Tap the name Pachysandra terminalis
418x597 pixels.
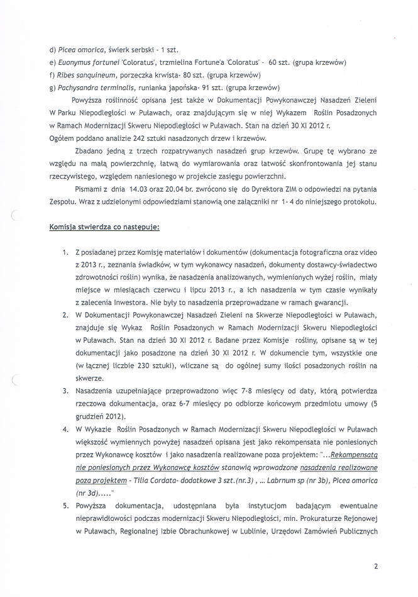point(90,87)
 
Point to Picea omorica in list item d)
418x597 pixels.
point(79,50)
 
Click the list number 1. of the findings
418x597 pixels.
point(66,252)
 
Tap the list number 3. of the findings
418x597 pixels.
point(66,390)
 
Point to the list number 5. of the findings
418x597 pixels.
point(66,505)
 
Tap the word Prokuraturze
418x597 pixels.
point(338,518)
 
